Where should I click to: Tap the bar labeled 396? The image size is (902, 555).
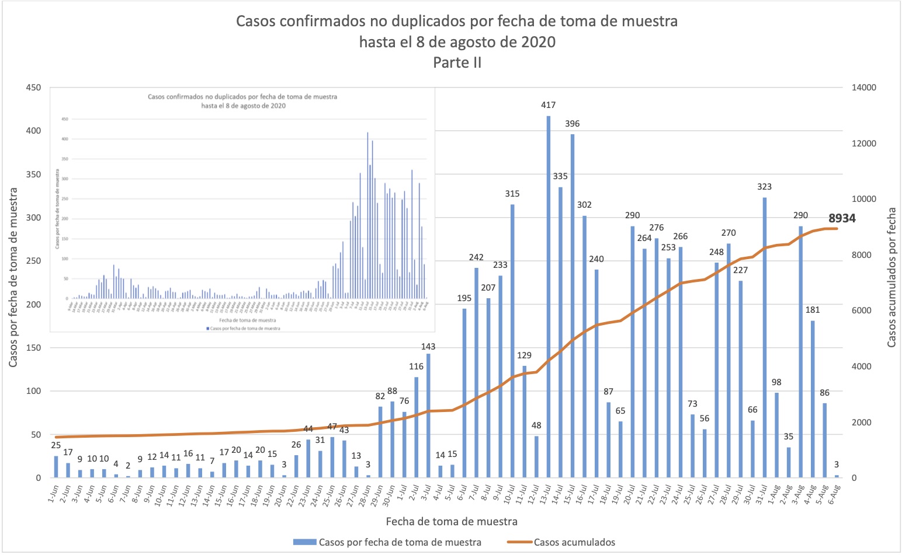tap(573, 306)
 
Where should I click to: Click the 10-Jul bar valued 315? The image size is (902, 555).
tap(512, 341)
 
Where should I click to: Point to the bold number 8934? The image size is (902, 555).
tap(842, 218)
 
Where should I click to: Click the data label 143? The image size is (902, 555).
tap(428, 347)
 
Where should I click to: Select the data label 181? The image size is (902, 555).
tap(813, 310)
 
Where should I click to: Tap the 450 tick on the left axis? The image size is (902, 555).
tap(33, 88)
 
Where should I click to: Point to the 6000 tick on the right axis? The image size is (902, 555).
tap(862, 311)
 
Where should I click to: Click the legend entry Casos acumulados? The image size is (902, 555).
tap(574, 542)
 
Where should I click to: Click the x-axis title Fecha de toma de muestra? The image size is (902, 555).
tap(452, 521)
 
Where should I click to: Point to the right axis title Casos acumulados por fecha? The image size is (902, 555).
tap(891, 278)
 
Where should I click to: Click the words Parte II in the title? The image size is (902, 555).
tap(457, 62)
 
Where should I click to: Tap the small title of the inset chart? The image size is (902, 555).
tap(242, 101)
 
